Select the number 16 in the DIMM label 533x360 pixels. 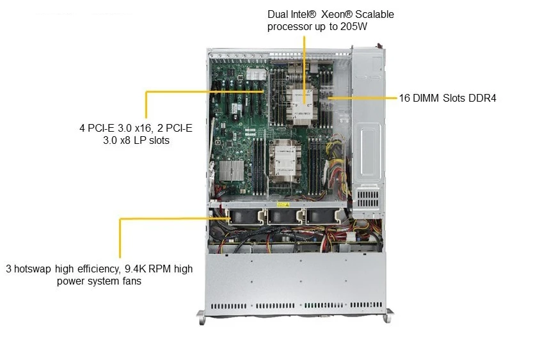tap(404, 98)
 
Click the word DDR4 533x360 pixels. tap(482, 98)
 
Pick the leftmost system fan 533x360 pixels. tap(244, 217)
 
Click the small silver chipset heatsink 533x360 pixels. tap(232, 171)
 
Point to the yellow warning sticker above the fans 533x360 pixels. tap(283, 205)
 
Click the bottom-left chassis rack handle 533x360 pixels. tap(201, 317)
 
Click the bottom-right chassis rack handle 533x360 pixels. tap(388, 316)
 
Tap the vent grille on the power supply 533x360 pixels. tap(368, 199)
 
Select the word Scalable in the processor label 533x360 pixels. tap(374, 14)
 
